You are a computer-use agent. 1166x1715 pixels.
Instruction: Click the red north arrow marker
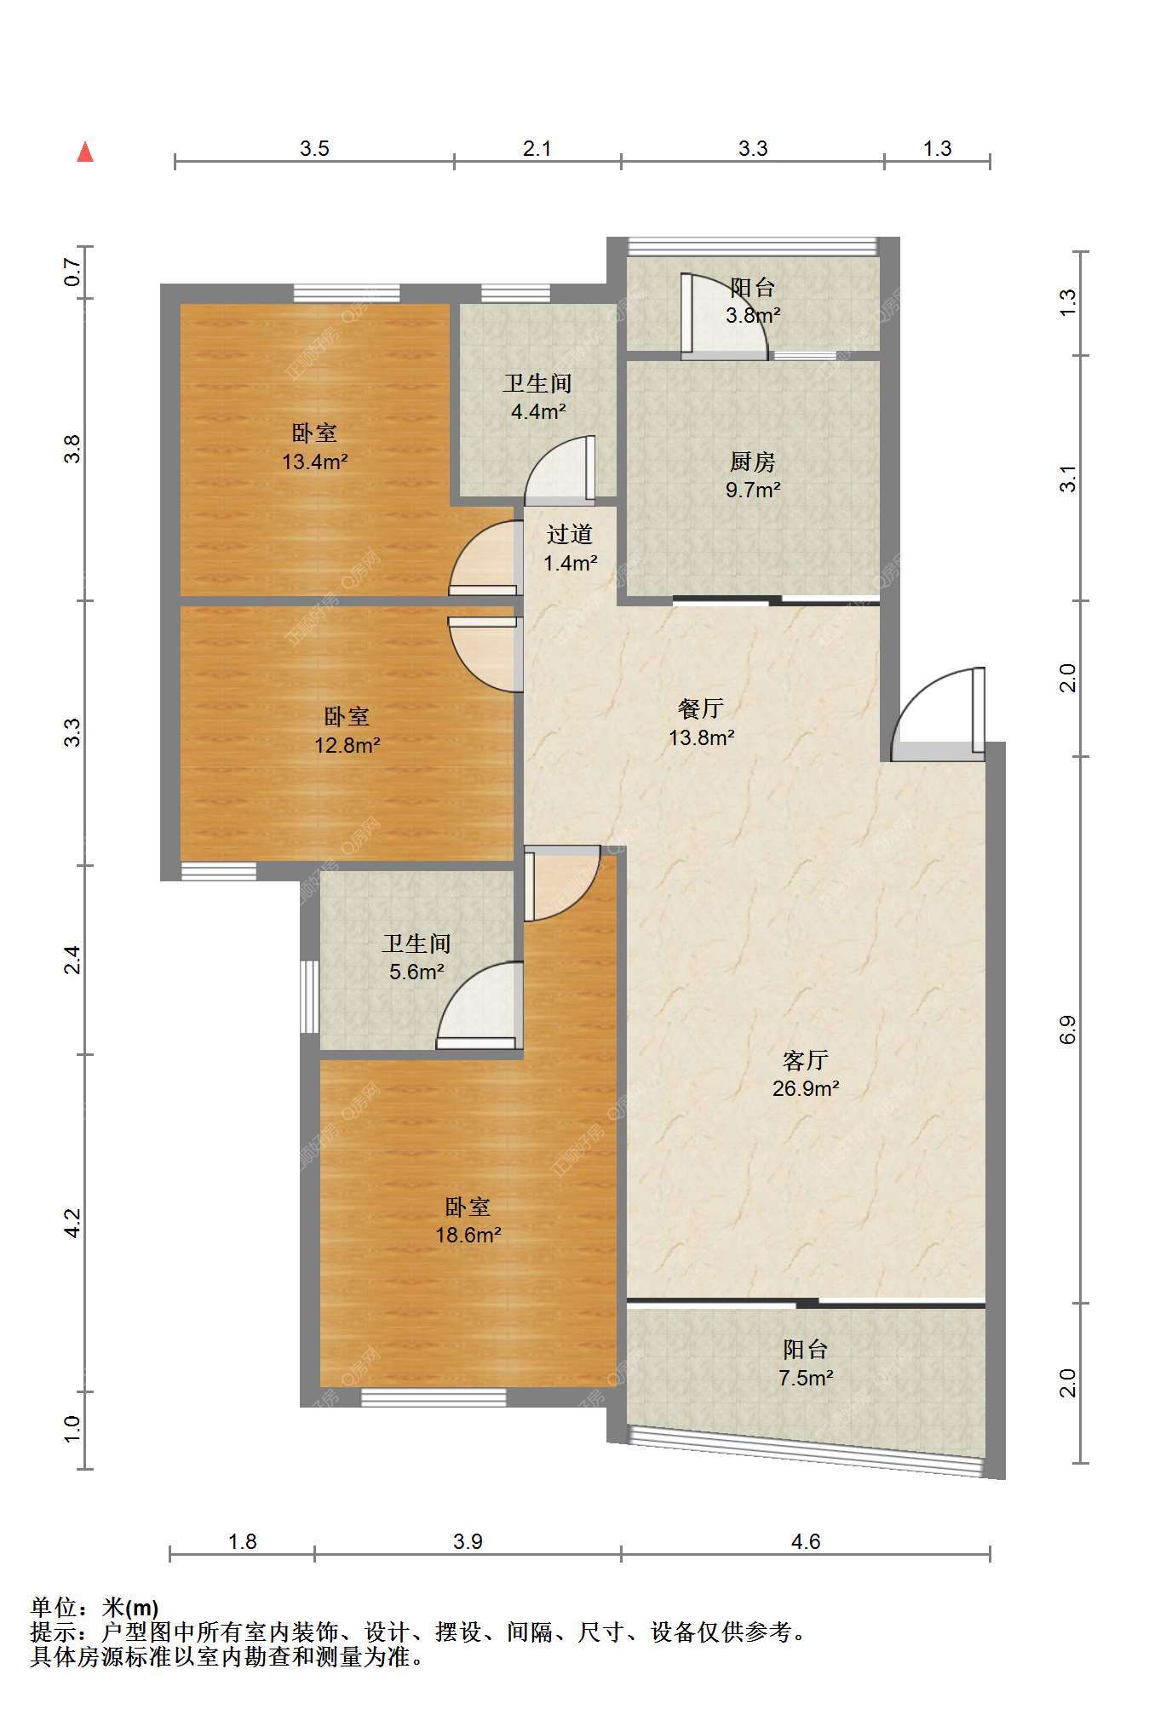point(85,152)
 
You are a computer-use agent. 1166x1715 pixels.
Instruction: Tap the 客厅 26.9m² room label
point(806,1074)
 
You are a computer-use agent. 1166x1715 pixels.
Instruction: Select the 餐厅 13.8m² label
point(701,722)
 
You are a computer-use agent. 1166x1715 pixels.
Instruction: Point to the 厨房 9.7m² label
point(753,475)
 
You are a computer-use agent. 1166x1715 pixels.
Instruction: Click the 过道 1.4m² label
point(570,548)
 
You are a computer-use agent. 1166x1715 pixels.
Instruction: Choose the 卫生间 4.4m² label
point(537,397)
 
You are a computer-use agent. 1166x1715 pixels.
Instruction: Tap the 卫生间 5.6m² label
point(416,957)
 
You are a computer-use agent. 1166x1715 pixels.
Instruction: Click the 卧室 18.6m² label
point(468,1220)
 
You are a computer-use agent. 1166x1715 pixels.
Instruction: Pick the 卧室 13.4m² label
point(314,447)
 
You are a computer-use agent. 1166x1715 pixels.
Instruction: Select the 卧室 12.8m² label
point(347,731)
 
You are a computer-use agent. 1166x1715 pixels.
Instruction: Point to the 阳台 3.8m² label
point(753,301)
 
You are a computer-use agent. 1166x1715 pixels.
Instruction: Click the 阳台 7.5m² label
point(806,1362)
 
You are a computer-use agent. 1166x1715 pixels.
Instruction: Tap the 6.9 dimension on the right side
point(1068,1030)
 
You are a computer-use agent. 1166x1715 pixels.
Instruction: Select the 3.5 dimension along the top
point(314,149)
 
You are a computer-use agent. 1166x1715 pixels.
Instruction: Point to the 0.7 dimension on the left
point(72,272)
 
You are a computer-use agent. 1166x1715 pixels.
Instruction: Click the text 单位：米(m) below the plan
point(95,1608)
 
